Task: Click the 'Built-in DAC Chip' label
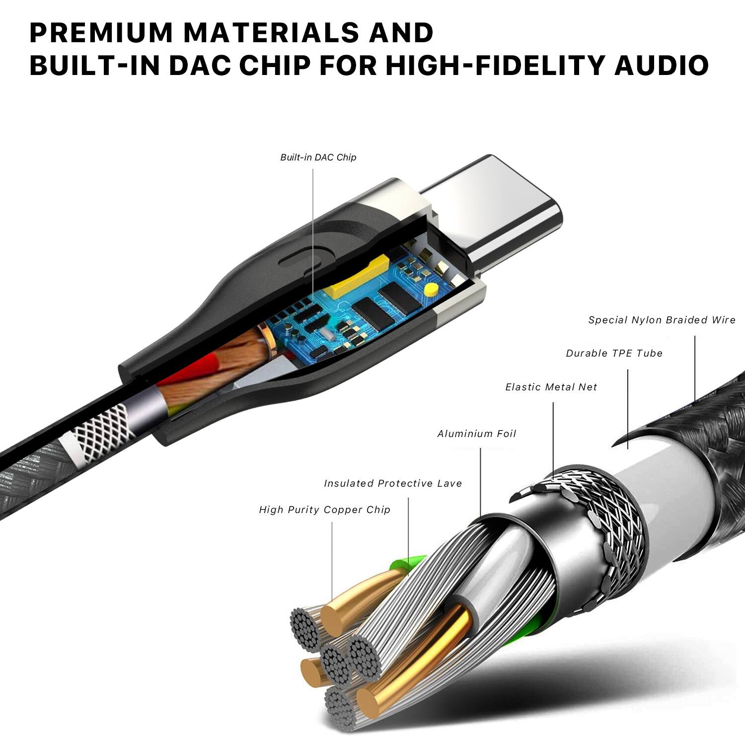pos(318,157)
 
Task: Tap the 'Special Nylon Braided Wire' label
pos(662,320)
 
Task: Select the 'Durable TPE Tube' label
pos(614,353)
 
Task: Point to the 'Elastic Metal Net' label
pos(551,387)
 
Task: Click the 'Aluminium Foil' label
pos(477,434)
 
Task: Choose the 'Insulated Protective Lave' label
pos(393,483)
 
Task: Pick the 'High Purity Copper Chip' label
pos(325,510)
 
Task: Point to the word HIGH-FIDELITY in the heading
pos(496,66)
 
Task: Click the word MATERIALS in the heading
pos(268,33)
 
